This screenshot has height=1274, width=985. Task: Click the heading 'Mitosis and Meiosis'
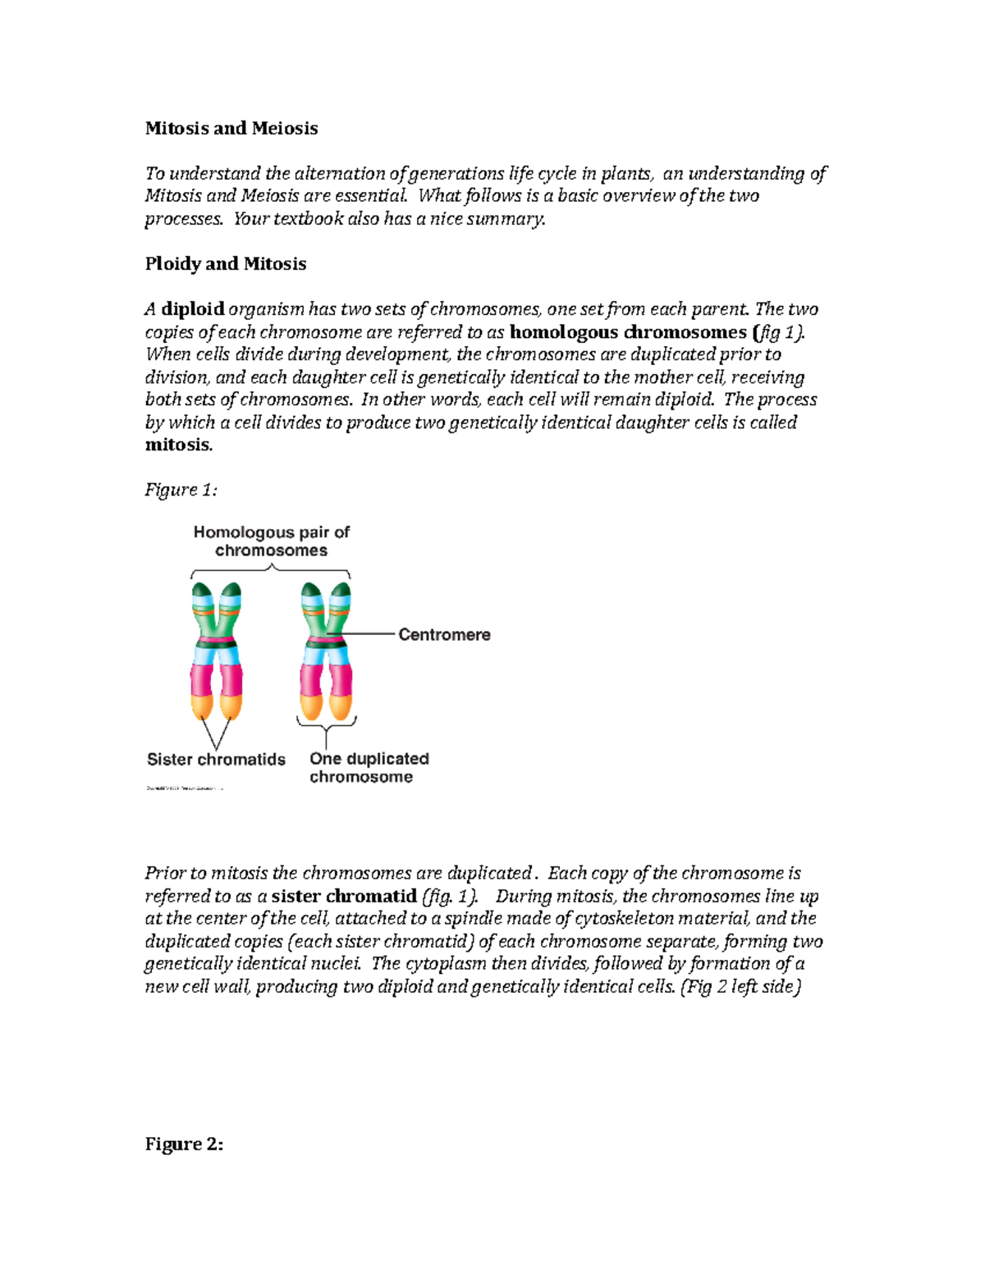[x=231, y=128]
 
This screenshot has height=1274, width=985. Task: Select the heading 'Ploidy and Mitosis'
[x=225, y=263]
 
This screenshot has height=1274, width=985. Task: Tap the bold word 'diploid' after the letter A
[x=193, y=309]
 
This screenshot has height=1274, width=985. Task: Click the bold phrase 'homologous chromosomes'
[x=628, y=332]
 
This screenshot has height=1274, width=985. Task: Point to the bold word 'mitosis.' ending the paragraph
[x=178, y=445]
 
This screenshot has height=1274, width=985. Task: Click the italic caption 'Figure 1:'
[x=181, y=490]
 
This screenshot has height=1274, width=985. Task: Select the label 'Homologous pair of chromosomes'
[x=271, y=541]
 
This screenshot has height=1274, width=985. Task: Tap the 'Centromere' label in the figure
[x=444, y=635]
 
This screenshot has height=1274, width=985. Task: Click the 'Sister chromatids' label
[x=216, y=760]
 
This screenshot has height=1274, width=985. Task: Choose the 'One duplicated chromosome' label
[x=369, y=768]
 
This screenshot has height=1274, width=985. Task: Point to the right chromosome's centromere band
[x=327, y=643]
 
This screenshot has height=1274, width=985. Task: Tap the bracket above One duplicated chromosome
[x=327, y=724]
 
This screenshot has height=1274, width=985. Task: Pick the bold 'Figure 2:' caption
[x=184, y=1144]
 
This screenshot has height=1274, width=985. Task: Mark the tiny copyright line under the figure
[x=185, y=788]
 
